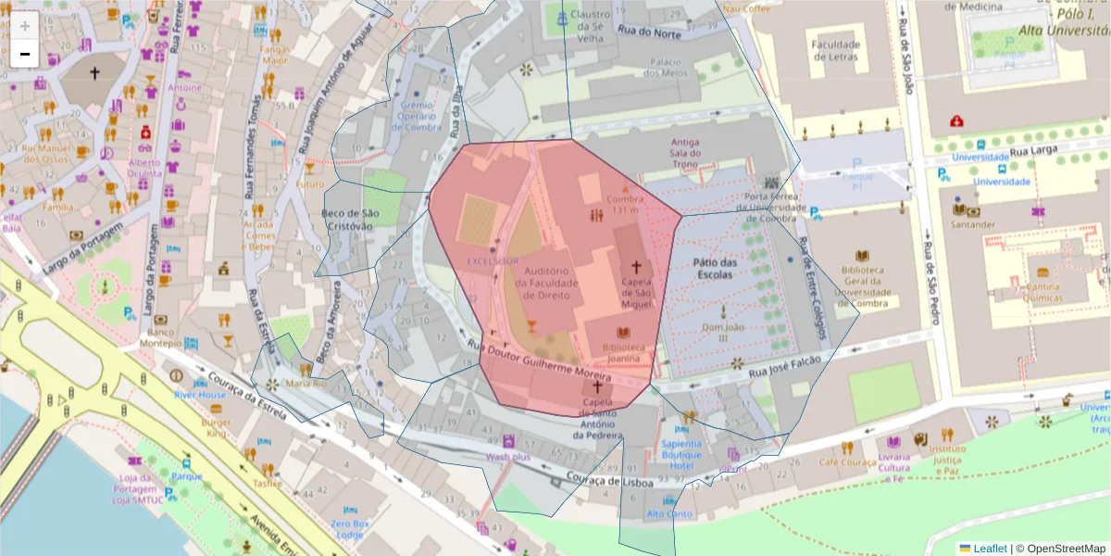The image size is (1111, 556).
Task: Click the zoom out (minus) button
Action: click(25, 54)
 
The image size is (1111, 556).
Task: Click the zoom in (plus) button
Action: click(25, 26)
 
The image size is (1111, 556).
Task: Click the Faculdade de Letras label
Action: click(834, 50)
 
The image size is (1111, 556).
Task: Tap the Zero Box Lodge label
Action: click(352, 529)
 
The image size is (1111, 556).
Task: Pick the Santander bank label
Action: click(972, 224)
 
